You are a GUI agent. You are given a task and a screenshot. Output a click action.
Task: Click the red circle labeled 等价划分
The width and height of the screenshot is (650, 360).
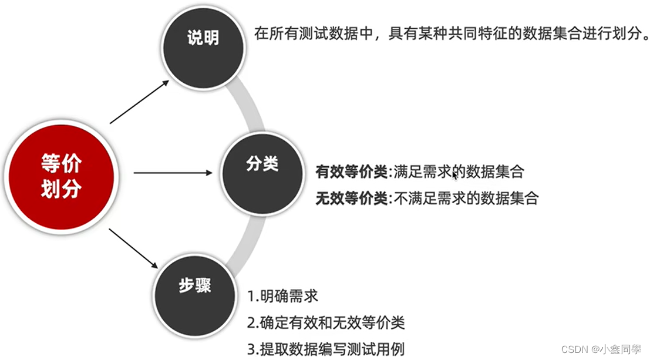pyautogui.click(x=61, y=176)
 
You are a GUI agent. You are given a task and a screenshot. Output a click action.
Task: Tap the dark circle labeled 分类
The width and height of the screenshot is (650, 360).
pyautogui.click(x=262, y=165)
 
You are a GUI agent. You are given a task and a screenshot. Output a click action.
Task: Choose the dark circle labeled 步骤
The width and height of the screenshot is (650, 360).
pyautogui.click(x=195, y=287)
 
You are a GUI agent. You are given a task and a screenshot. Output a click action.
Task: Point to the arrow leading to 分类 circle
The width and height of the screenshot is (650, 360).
pyautogui.click(x=173, y=173)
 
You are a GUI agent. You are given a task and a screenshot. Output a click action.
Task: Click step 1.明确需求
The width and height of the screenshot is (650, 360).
pyautogui.click(x=282, y=296)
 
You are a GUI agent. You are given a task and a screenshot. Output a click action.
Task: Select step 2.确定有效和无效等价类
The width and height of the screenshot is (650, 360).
pyautogui.click(x=326, y=322)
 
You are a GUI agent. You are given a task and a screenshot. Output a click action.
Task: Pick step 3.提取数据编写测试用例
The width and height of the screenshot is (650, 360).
pyautogui.click(x=326, y=349)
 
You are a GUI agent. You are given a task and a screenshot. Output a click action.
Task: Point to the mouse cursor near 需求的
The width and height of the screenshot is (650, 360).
pyautogui.click(x=454, y=176)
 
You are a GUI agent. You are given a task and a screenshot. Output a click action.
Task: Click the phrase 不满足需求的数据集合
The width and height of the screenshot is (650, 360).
pyautogui.click(x=466, y=198)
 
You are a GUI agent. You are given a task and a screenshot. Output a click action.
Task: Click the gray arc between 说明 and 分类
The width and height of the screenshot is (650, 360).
pyautogui.click(x=247, y=103)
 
